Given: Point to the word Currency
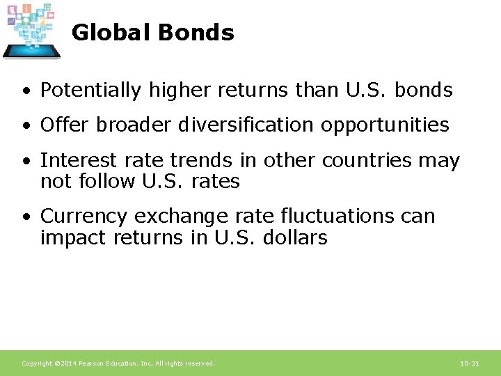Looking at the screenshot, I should coord(76,217).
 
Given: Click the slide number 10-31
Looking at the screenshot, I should coord(470,363).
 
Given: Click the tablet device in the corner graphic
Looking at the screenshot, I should coord(31,50).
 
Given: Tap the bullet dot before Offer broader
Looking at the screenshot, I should coord(25,126).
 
